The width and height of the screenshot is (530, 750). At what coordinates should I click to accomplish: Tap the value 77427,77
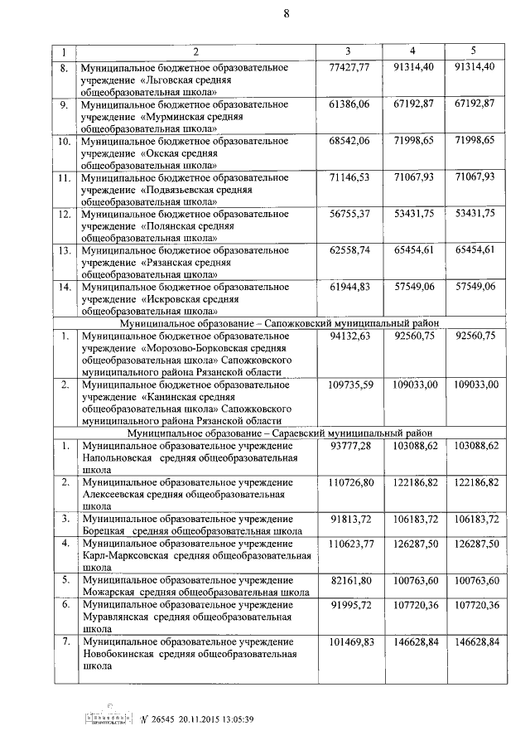pyautogui.click(x=349, y=67)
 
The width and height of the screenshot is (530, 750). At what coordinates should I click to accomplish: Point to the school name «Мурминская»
pyautogui.click(x=177, y=117)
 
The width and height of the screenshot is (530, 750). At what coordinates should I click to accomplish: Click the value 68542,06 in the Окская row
pyautogui.click(x=349, y=140)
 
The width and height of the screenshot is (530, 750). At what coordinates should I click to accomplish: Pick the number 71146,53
pyautogui.click(x=349, y=177)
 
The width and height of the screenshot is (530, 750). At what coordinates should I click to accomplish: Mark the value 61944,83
pyautogui.click(x=349, y=286)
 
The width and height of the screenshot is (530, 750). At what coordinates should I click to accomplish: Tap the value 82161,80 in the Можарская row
pyautogui.click(x=349, y=579)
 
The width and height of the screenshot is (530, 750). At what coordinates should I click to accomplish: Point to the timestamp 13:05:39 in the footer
pyautogui.click(x=234, y=719)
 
